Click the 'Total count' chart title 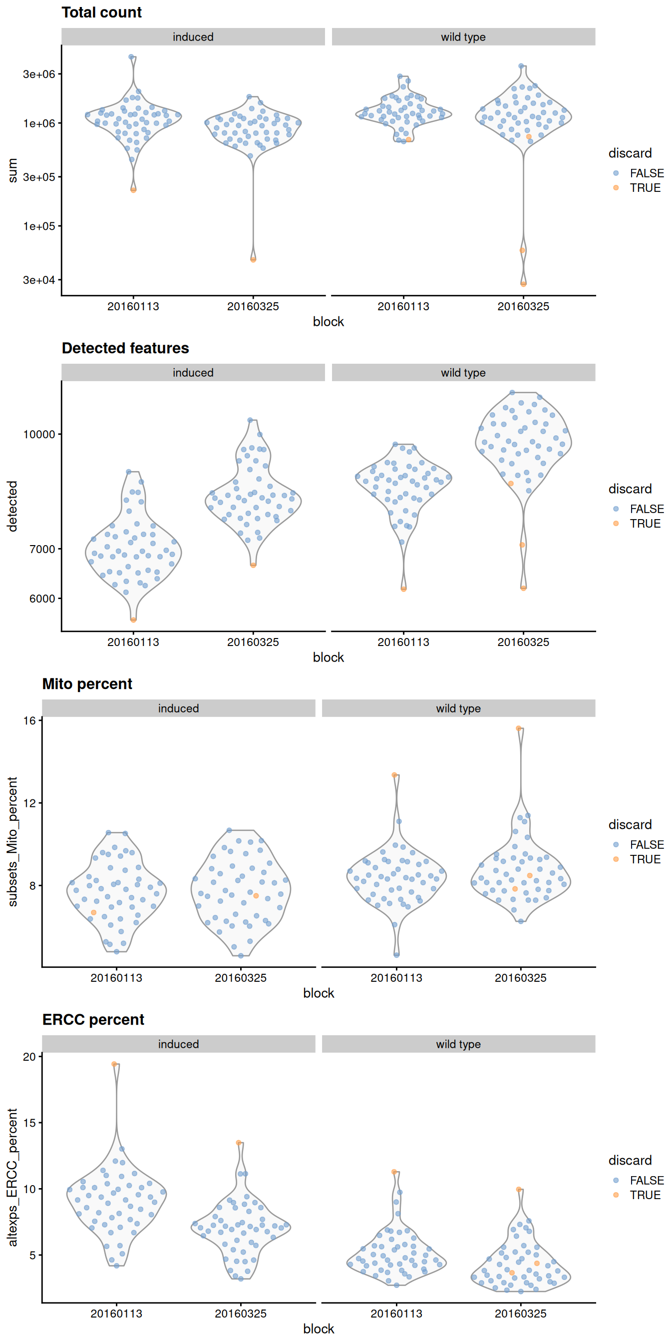pyautogui.click(x=101, y=12)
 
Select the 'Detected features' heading pyautogui.click(x=125, y=348)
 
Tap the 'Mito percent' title pyautogui.click(x=87, y=684)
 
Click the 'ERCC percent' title pyautogui.click(x=93, y=1020)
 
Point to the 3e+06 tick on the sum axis pyautogui.click(x=38, y=74)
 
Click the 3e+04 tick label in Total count pyautogui.click(x=38, y=280)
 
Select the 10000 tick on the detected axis pyautogui.click(x=38, y=434)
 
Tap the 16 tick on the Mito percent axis pyautogui.click(x=29, y=720)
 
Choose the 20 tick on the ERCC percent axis pyautogui.click(x=29, y=1056)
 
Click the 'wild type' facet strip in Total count pyautogui.click(x=463, y=37)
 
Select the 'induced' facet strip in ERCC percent pyautogui.click(x=178, y=1044)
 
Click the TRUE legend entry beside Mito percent pyautogui.click(x=645, y=859)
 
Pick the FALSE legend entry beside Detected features pyautogui.click(x=646, y=509)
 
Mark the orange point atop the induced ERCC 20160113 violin pyautogui.click(x=114, y=1064)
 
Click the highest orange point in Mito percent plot pyautogui.click(x=519, y=728)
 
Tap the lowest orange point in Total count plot pyautogui.click(x=524, y=284)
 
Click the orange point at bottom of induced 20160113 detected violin pyautogui.click(x=133, y=620)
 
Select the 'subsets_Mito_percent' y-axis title pyautogui.click(x=12, y=841)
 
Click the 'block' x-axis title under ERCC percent pyautogui.click(x=319, y=1329)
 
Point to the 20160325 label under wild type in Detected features pyautogui.click(x=523, y=643)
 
